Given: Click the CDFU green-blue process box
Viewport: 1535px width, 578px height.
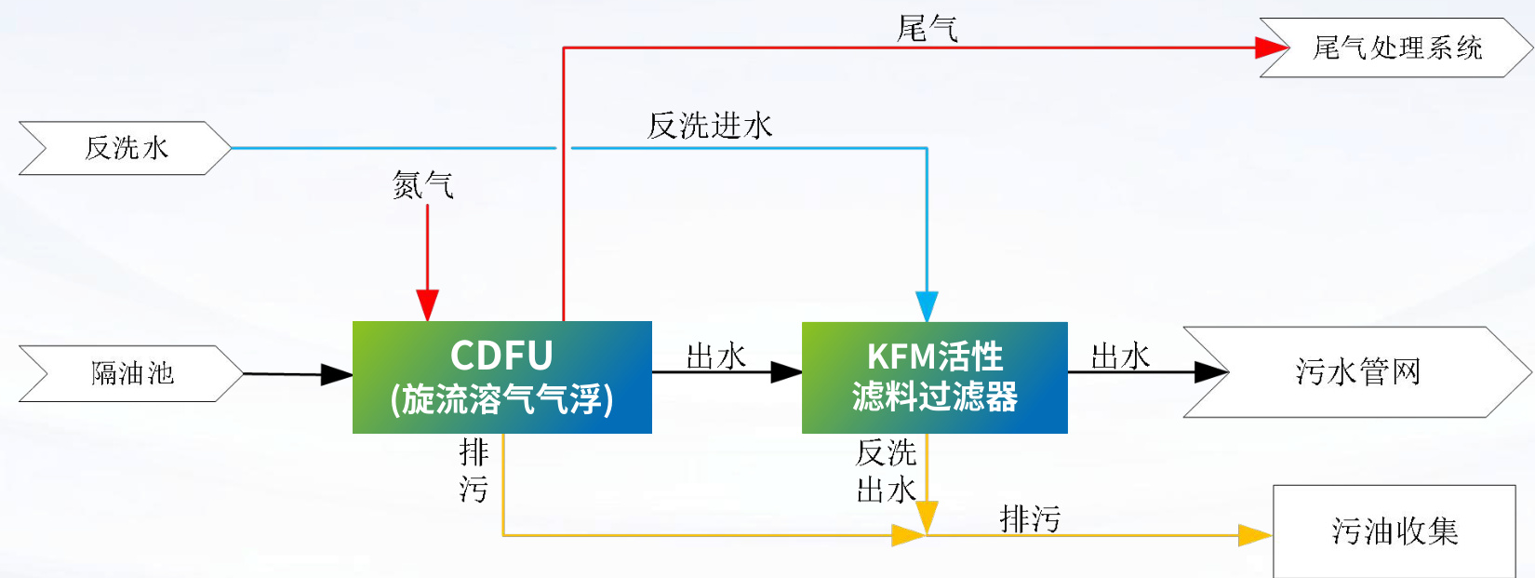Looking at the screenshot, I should (x=501, y=377).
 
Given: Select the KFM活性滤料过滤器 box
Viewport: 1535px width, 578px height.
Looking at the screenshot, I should (x=934, y=377).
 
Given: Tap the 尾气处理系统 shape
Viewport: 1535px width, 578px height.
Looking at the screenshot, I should (x=1395, y=47).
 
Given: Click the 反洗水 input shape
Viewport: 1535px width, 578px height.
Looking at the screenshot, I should (x=126, y=148).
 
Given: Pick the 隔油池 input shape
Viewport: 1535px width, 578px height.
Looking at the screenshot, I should (x=131, y=373).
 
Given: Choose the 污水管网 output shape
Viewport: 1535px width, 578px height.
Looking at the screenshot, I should (x=1356, y=371).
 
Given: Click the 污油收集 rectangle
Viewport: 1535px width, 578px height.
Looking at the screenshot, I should (x=1393, y=531).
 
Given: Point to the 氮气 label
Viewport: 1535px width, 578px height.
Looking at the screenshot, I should (x=422, y=185).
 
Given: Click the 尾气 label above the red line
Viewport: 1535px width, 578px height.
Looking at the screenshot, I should (x=927, y=28).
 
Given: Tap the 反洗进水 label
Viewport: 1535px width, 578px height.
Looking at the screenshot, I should (x=710, y=126).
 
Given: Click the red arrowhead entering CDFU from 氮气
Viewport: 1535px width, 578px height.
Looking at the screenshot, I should (x=427, y=305).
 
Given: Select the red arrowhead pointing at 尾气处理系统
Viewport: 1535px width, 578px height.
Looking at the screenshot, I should (x=1270, y=47).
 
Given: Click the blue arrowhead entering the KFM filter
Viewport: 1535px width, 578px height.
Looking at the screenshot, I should (x=927, y=306).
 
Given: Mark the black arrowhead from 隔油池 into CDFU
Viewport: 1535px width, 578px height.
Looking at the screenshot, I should (x=336, y=375).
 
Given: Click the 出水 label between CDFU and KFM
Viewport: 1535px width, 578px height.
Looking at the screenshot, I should (x=715, y=356).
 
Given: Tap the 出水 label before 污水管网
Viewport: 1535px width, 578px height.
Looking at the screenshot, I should (x=1120, y=356).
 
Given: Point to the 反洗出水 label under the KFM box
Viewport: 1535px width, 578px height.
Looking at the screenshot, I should (x=886, y=471).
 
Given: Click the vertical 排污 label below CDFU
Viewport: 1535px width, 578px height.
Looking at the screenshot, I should (x=474, y=471).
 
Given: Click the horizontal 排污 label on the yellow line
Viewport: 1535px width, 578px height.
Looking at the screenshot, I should (x=1030, y=518).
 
